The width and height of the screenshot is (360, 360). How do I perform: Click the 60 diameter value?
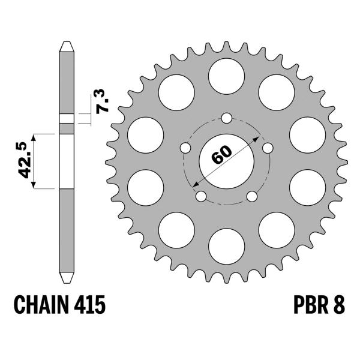pos(221,155)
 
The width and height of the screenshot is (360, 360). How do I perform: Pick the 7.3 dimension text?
pos(103,100)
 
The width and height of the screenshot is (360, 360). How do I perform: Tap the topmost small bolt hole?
pos(226,118)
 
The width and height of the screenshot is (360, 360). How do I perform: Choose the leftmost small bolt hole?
pos(185,147)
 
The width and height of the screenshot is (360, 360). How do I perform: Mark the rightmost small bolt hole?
pos(267,147)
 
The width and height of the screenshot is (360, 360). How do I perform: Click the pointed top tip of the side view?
pos(66,43)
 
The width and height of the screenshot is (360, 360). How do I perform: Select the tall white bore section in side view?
pos(66,161)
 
